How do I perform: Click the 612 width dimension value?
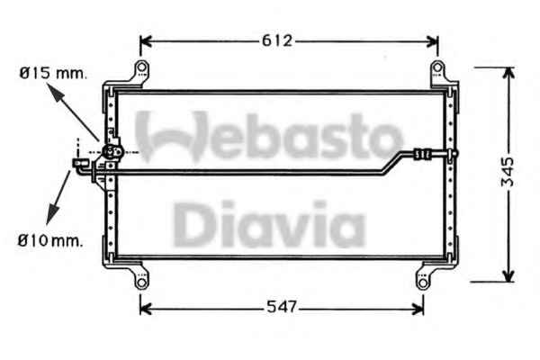coord(277,41)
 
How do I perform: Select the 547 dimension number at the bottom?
coord(282,307)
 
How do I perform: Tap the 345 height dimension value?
coord(507,172)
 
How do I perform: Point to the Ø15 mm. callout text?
coord(53,73)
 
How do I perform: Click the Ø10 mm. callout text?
coord(50,240)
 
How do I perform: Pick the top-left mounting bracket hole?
coord(141,67)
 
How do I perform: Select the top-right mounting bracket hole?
coord(437,67)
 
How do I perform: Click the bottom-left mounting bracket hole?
coord(141,283)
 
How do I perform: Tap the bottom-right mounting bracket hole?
coord(423,283)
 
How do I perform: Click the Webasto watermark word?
coord(268,136)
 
